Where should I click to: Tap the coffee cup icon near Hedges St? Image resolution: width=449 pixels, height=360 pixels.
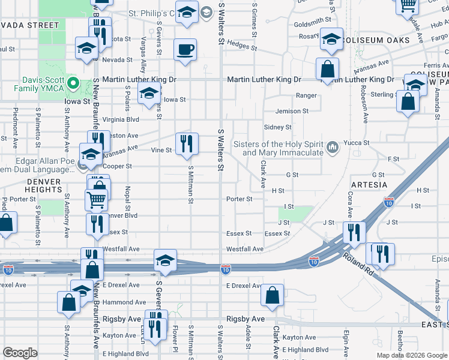[x=185, y=49]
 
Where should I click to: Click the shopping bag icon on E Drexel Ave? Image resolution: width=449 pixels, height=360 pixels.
[x=273, y=295]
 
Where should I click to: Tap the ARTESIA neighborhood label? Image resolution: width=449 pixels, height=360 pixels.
[x=368, y=184]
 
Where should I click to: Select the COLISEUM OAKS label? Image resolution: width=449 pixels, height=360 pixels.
[x=376, y=40]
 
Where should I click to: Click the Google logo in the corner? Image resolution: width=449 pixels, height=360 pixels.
[x=20, y=352]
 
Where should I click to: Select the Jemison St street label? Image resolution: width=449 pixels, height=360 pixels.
[x=292, y=111]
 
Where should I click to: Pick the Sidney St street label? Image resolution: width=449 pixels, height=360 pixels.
[x=278, y=127]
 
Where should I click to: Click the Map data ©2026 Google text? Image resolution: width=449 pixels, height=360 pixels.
[x=412, y=355]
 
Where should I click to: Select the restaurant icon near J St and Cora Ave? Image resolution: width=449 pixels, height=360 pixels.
[x=354, y=231]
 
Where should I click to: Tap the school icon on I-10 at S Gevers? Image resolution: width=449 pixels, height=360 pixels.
[x=165, y=260]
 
